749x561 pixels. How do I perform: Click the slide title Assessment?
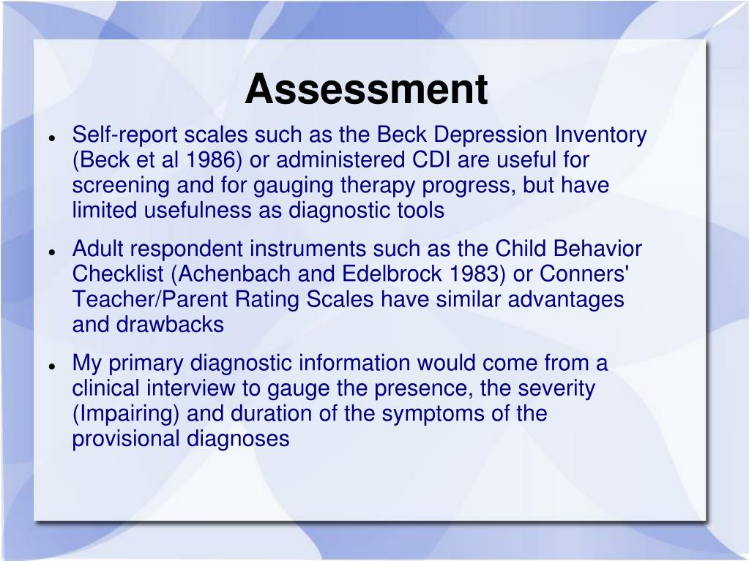pos(366,90)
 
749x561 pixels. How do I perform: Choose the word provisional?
pos(125,439)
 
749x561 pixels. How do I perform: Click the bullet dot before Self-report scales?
pos(53,138)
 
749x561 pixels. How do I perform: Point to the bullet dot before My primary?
pos(53,365)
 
